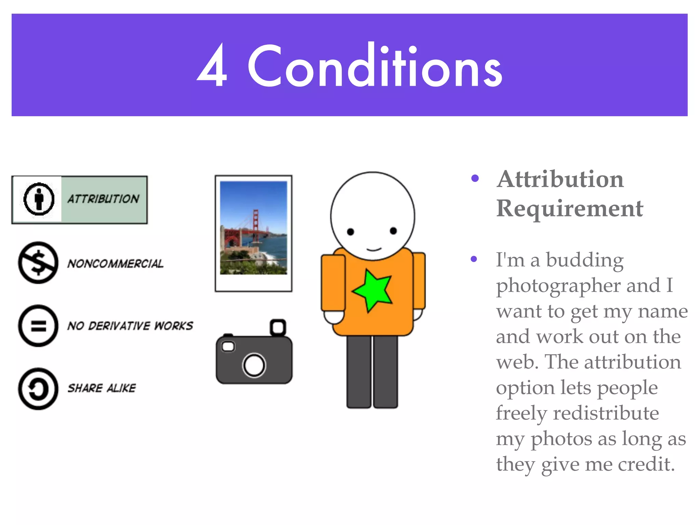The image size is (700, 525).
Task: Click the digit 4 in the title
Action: pyautogui.click(x=213, y=66)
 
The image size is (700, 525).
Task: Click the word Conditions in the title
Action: pyautogui.click(x=375, y=66)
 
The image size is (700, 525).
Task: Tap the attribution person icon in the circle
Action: pyautogui.click(x=39, y=199)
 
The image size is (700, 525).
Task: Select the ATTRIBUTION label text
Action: pyautogui.click(x=103, y=199)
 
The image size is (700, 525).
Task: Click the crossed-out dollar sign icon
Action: pyautogui.click(x=38, y=262)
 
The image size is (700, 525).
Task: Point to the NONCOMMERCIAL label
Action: pyautogui.click(x=115, y=264)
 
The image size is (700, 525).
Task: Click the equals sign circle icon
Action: pyautogui.click(x=38, y=325)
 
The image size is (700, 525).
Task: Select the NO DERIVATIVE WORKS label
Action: pyautogui.click(x=130, y=326)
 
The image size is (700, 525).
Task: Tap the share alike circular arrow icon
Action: pyautogui.click(x=38, y=389)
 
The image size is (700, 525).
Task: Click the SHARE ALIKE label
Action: pyautogui.click(x=102, y=388)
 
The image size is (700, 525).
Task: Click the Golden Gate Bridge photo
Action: pyautogui.click(x=254, y=228)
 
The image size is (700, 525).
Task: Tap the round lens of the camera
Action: pyautogui.click(x=254, y=365)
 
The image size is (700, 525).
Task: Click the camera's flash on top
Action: pyautogui.click(x=278, y=327)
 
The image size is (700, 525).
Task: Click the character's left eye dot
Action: pyautogui.click(x=350, y=232)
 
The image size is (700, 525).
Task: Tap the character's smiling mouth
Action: pyautogui.click(x=374, y=249)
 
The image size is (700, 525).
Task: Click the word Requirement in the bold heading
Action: pyautogui.click(x=570, y=208)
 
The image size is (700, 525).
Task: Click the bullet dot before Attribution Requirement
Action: pyautogui.click(x=475, y=178)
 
